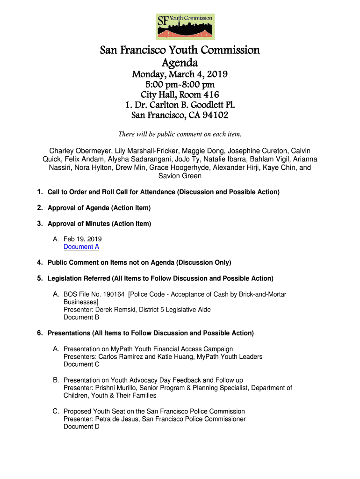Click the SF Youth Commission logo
185,27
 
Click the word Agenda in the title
180,63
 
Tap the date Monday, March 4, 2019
180,75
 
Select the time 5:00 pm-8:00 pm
180,85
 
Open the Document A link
81,247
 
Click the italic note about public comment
180,135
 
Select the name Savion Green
180,176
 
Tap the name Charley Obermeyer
81,151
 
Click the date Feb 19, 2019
82,239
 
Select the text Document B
81,317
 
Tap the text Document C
81,364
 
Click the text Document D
81,427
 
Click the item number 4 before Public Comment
40,262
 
